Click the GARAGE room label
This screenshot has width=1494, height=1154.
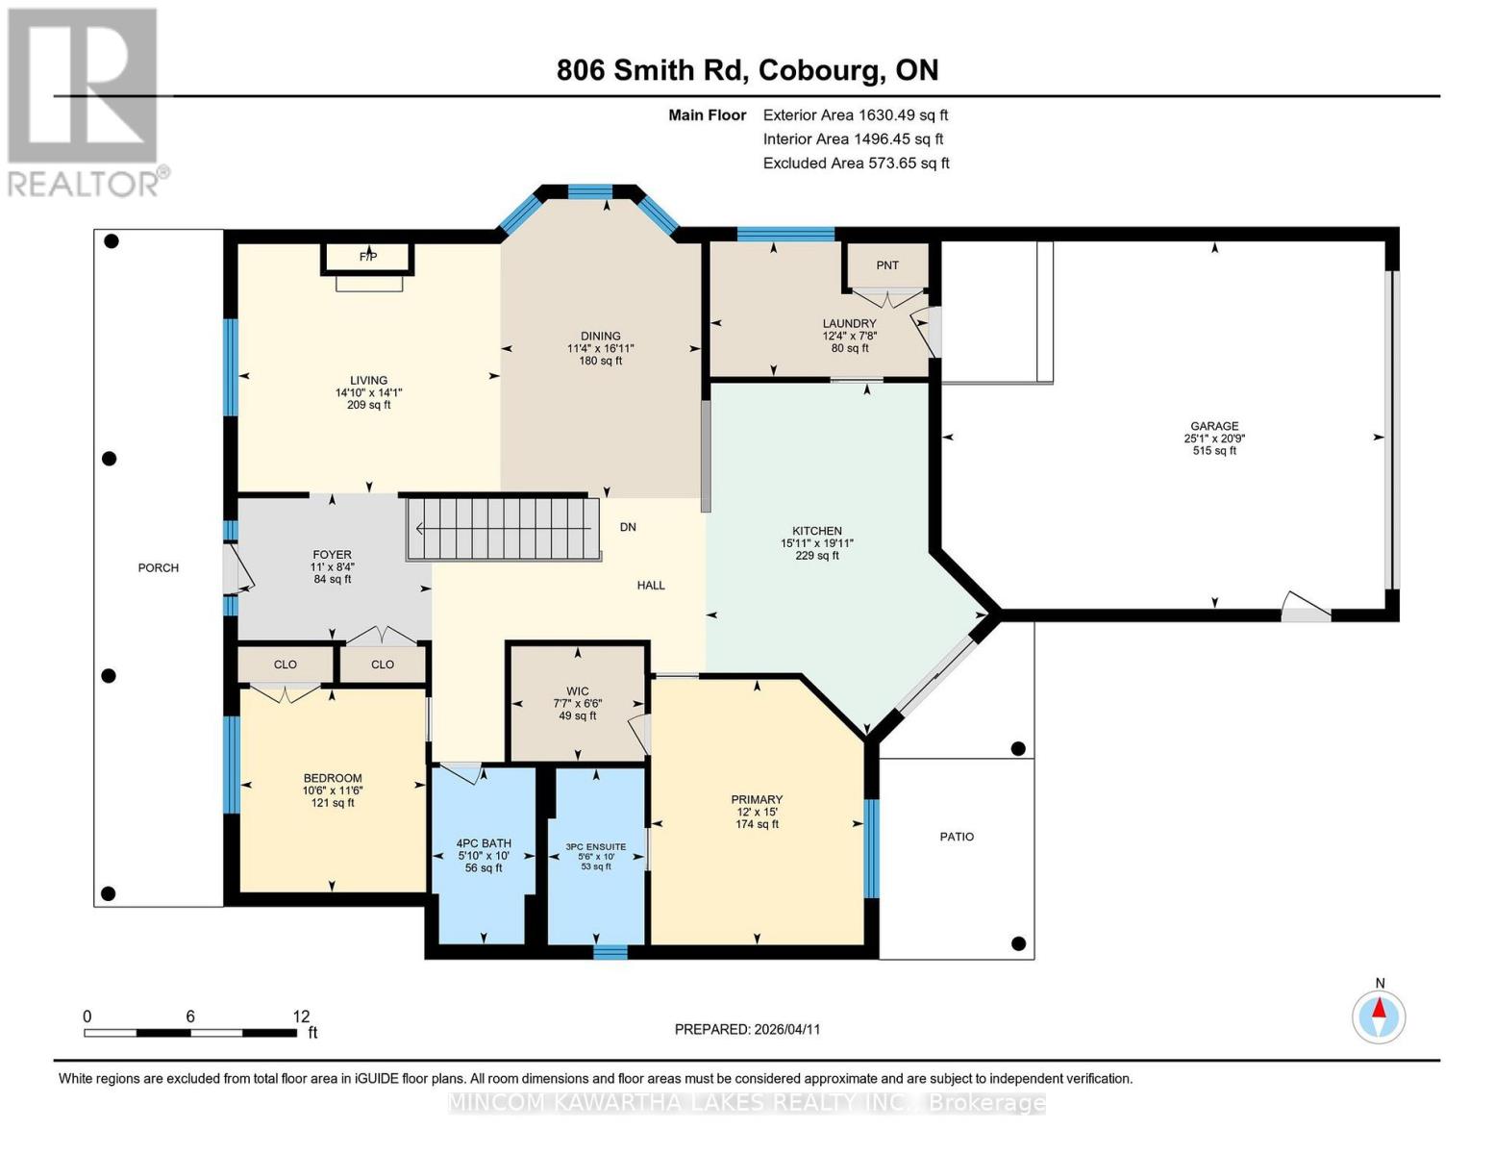point(1214,426)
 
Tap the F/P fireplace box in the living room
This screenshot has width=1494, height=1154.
point(368,258)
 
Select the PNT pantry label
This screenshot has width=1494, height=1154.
point(886,265)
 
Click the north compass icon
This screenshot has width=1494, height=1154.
point(1380,1016)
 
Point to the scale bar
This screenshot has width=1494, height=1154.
point(189,1033)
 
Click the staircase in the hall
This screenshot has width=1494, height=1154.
point(503,528)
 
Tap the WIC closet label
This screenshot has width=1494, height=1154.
point(577,691)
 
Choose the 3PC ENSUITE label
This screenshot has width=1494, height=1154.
point(596,847)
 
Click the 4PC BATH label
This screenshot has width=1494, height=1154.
point(484,843)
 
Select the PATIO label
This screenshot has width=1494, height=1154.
point(957,837)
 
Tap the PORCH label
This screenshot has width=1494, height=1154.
point(159,567)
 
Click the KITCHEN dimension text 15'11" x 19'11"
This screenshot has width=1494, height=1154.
point(817,543)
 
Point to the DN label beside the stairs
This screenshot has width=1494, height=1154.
point(628,527)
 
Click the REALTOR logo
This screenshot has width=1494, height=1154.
point(85,101)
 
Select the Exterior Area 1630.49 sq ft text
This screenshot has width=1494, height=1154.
point(856,114)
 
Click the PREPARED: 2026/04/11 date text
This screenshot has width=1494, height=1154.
point(747,1029)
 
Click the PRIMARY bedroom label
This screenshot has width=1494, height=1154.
point(757,799)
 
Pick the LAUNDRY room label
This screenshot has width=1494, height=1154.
point(849,323)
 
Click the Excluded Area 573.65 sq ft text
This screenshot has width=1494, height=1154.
point(856,163)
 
